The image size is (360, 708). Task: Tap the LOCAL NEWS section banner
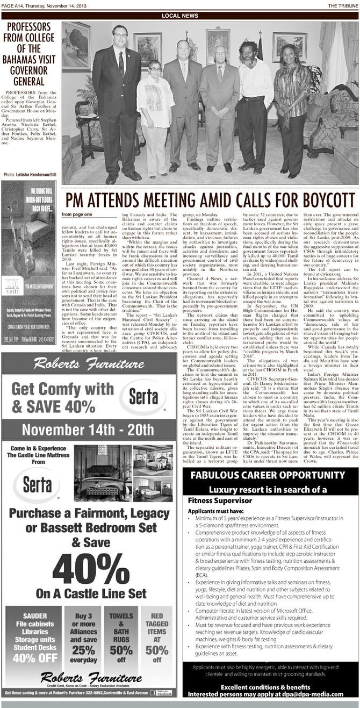(x=179, y=16)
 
